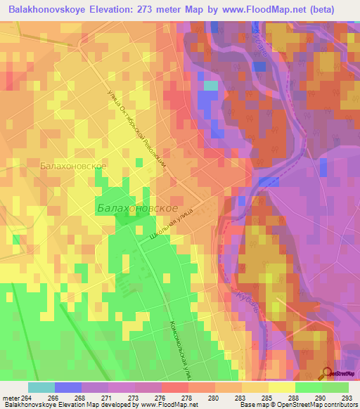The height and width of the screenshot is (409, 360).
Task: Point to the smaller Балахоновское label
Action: (x=73, y=166)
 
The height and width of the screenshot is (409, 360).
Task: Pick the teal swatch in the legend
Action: (x=41, y=387)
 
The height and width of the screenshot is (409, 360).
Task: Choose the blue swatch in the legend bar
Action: (x=67, y=387)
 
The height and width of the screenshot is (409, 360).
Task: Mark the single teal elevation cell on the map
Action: (x=210, y=86)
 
